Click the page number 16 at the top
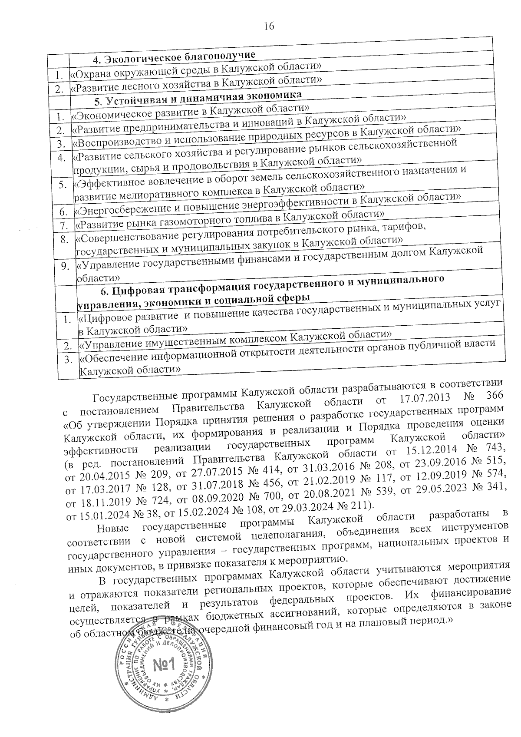coord(269,26)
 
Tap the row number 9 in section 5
coord(65,266)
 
